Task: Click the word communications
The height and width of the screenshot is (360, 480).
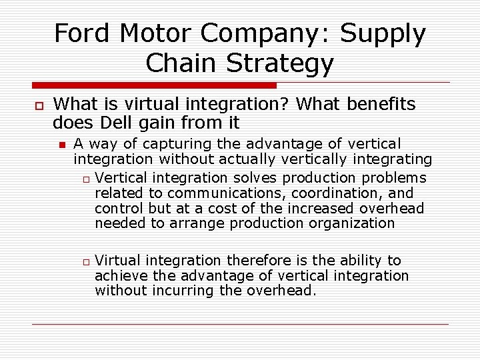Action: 220,193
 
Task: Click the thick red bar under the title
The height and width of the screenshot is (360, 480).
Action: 154,85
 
